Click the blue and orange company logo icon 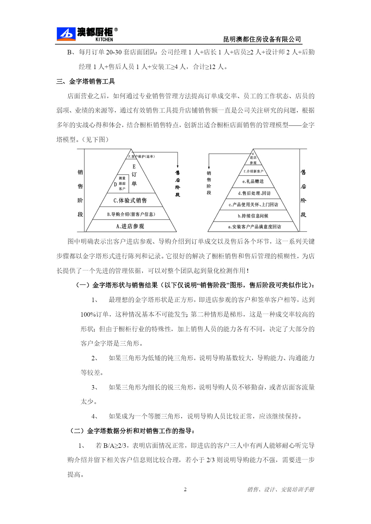[x=66, y=34]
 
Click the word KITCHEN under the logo [x=104, y=39]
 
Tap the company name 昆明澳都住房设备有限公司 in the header [x=262, y=39]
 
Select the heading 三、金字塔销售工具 [x=86, y=81]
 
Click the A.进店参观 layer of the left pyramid [x=130, y=226]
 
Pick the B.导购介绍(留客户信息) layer [x=131, y=214]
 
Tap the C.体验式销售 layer [x=130, y=200]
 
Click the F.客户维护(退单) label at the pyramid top [x=141, y=156]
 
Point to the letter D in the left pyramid [x=115, y=184]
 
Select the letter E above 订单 [x=134, y=166]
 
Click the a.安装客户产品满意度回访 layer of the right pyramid [x=254, y=227]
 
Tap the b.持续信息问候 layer [x=253, y=216]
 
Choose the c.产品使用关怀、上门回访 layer [x=253, y=205]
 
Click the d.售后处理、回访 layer [x=254, y=193]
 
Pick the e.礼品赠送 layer [x=253, y=181]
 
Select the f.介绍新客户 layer [x=254, y=171]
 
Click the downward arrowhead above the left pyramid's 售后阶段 [x=178, y=166]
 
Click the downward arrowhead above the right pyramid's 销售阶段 [x=209, y=168]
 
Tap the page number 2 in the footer [x=185, y=489]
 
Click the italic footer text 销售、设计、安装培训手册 [x=280, y=489]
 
